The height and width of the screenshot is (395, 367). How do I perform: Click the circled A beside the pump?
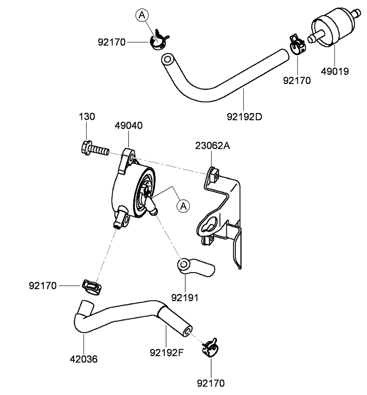(183, 206)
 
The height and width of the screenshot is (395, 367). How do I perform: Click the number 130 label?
(87, 117)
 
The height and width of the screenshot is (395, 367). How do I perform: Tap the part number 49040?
(128, 126)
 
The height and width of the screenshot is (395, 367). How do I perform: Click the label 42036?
(83, 358)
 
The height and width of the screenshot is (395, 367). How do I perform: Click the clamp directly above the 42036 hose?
(92, 288)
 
